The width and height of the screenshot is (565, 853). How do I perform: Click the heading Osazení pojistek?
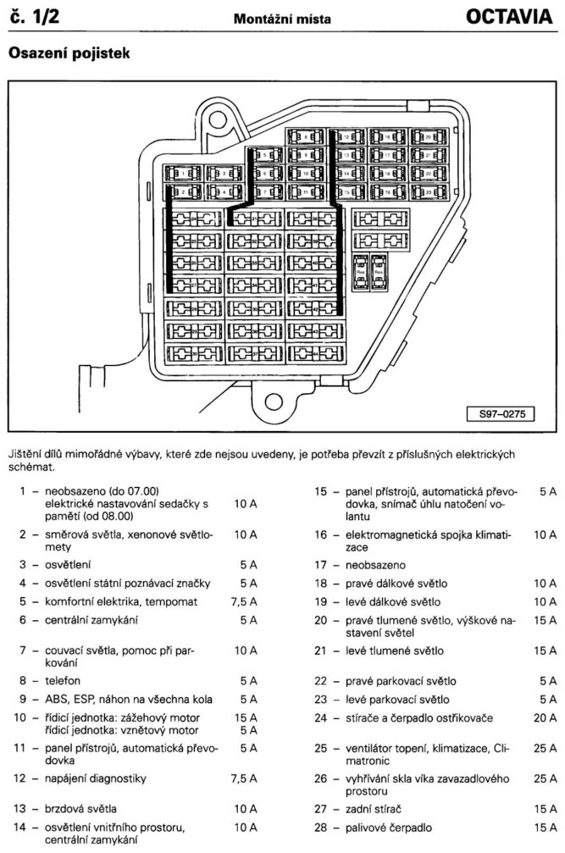click(x=67, y=53)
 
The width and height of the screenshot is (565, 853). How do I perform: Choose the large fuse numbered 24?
click(x=195, y=219)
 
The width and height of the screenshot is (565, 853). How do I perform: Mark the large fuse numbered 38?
click(x=315, y=219)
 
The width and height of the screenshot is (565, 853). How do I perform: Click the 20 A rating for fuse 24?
click(x=545, y=717)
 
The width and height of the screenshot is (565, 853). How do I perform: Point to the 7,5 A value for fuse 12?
click(x=244, y=778)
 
